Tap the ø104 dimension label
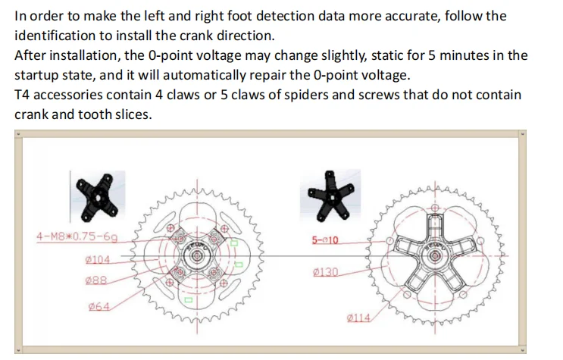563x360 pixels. coord(99,259)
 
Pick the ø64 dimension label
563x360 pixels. coord(99,307)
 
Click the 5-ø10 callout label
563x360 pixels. coord(326,240)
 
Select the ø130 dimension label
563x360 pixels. coord(325,271)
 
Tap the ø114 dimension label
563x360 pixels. coord(358,318)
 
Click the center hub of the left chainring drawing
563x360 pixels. coord(199,257)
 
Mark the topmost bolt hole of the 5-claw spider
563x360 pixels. coord(434,206)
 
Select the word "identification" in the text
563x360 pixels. coord(51,36)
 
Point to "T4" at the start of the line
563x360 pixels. coord(23,95)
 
